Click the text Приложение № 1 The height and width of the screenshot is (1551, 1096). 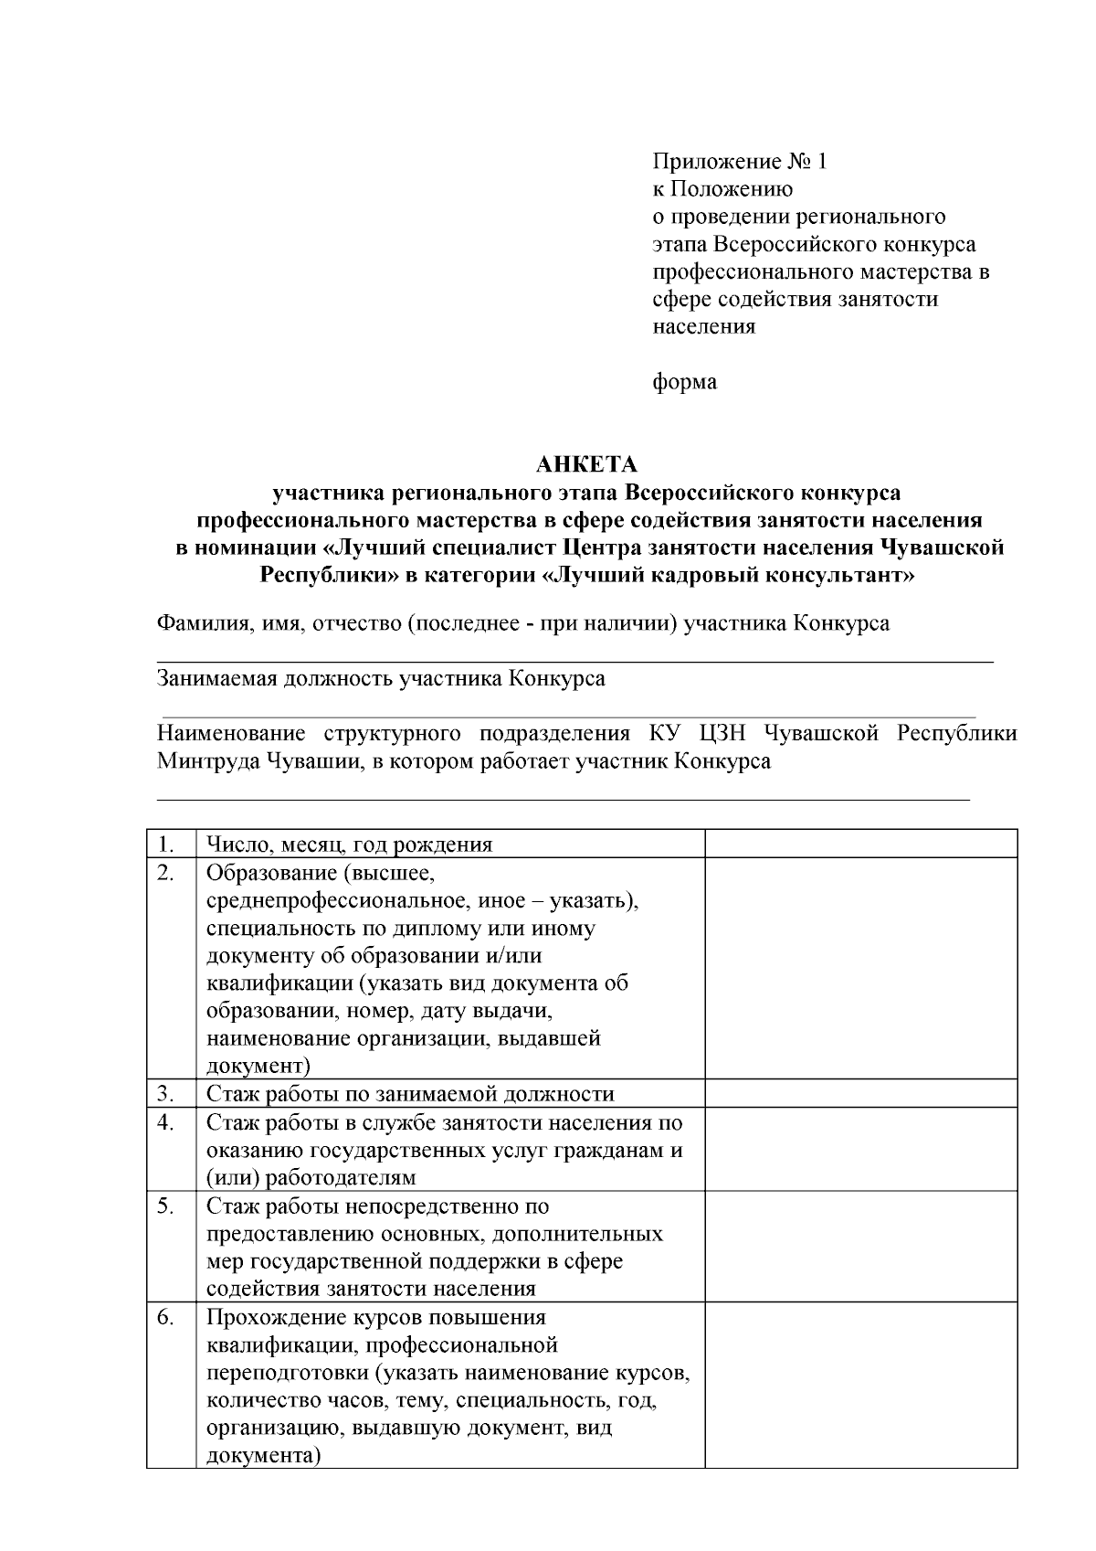click(x=739, y=162)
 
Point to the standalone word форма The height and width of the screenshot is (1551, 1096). click(x=684, y=381)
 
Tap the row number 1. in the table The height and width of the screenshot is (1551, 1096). click(x=166, y=844)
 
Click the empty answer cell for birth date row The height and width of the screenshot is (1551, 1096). click(x=860, y=844)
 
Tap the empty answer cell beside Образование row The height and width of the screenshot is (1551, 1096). click(x=860, y=968)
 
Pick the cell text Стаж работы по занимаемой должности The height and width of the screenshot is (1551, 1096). click(x=410, y=1094)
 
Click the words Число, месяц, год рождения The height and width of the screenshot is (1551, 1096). click(x=349, y=845)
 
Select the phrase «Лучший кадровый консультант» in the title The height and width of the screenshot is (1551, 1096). click(x=727, y=576)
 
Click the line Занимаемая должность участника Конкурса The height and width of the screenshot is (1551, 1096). click(x=381, y=679)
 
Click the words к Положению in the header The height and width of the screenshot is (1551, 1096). click(x=722, y=189)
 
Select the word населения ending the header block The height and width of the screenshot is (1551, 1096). click(x=703, y=326)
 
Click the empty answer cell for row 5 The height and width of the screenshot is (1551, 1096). click(x=860, y=1247)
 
